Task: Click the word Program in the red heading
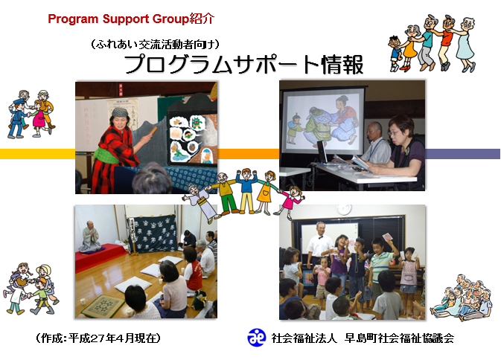click(73, 19)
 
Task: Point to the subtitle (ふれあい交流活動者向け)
click(156, 44)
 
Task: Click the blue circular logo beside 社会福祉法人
click(257, 338)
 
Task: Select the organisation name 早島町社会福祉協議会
click(399, 338)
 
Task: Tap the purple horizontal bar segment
click(462, 154)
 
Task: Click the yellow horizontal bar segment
click(37, 154)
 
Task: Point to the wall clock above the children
click(344, 209)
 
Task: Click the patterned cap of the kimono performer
click(120, 112)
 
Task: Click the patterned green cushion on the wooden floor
click(103, 306)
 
